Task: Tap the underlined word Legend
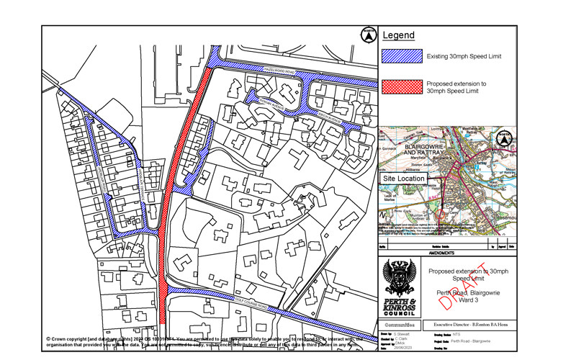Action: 397,35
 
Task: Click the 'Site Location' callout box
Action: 404,179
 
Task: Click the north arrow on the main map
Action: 368,34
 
